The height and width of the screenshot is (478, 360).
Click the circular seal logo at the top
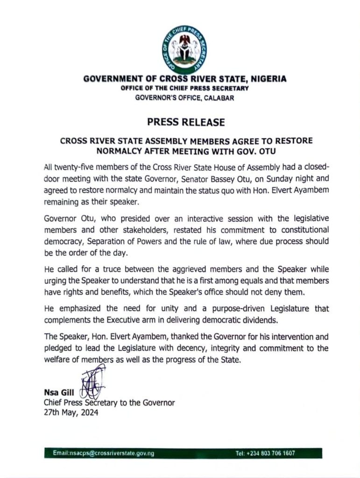(185, 47)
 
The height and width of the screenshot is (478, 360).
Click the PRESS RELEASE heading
(186, 122)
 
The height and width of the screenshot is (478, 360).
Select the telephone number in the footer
(265, 453)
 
